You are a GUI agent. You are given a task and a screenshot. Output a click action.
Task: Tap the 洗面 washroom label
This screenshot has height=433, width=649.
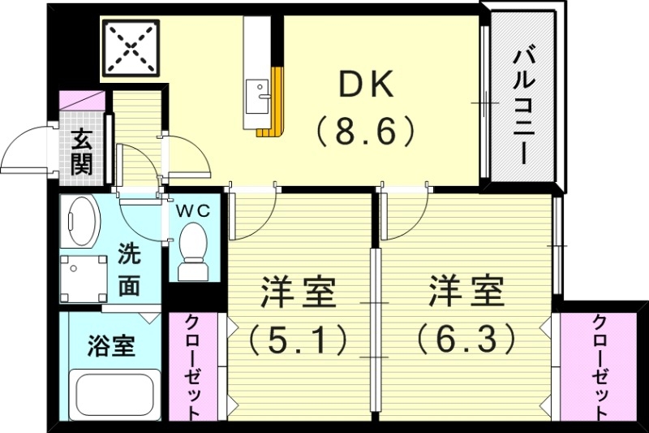[129, 270]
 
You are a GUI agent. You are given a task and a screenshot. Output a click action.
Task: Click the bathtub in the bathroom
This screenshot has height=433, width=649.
[114, 396]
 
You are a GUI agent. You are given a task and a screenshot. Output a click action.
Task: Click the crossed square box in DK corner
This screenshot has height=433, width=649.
[131, 46]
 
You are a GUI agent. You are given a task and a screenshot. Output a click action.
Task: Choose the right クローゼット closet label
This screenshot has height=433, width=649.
[600, 366]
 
